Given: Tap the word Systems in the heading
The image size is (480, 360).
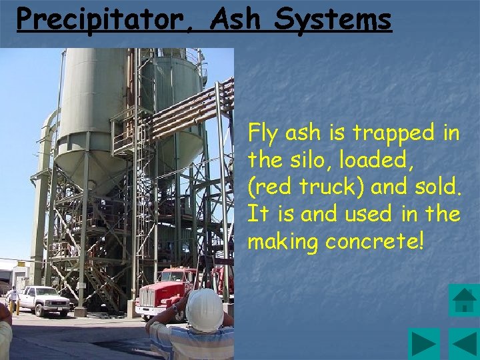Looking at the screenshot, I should (333, 19).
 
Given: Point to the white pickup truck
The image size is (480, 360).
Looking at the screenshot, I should (43, 300).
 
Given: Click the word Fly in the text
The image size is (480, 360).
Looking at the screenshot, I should (264, 134).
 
